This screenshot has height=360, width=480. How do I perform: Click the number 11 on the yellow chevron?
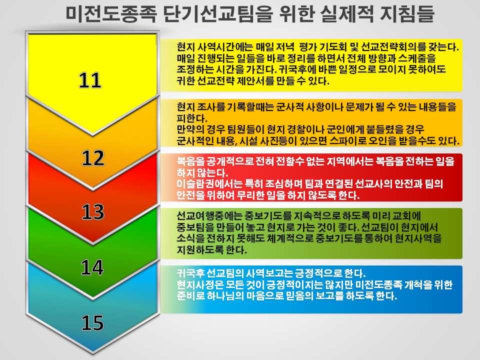click(x=90, y=80)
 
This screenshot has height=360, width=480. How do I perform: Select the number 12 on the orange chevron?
click(x=93, y=158)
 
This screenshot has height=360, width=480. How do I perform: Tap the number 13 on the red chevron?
click(x=93, y=212)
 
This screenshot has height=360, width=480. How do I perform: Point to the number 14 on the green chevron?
click(x=92, y=267)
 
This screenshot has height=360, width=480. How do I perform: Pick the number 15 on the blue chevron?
click(x=92, y=323)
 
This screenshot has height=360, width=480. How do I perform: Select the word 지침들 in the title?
click(x=407, y=14)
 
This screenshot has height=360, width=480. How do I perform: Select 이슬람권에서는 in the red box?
click(x=209, y=183)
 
